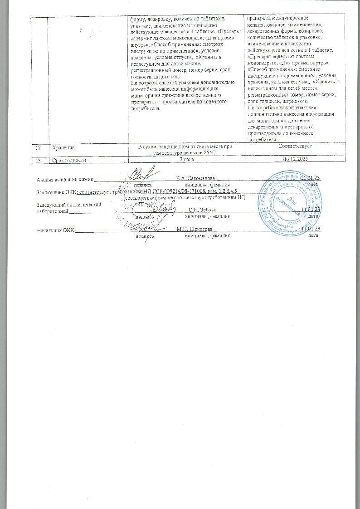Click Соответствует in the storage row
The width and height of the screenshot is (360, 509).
click(x=295, y=147)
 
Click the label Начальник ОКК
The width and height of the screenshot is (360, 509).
click(x=55, y=230)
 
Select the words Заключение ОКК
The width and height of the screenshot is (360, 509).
click(x=56, y=192)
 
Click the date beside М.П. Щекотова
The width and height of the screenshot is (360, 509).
click(x=311, y=230)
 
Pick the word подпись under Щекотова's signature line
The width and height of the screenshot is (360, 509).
click(x=144, y=236)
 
